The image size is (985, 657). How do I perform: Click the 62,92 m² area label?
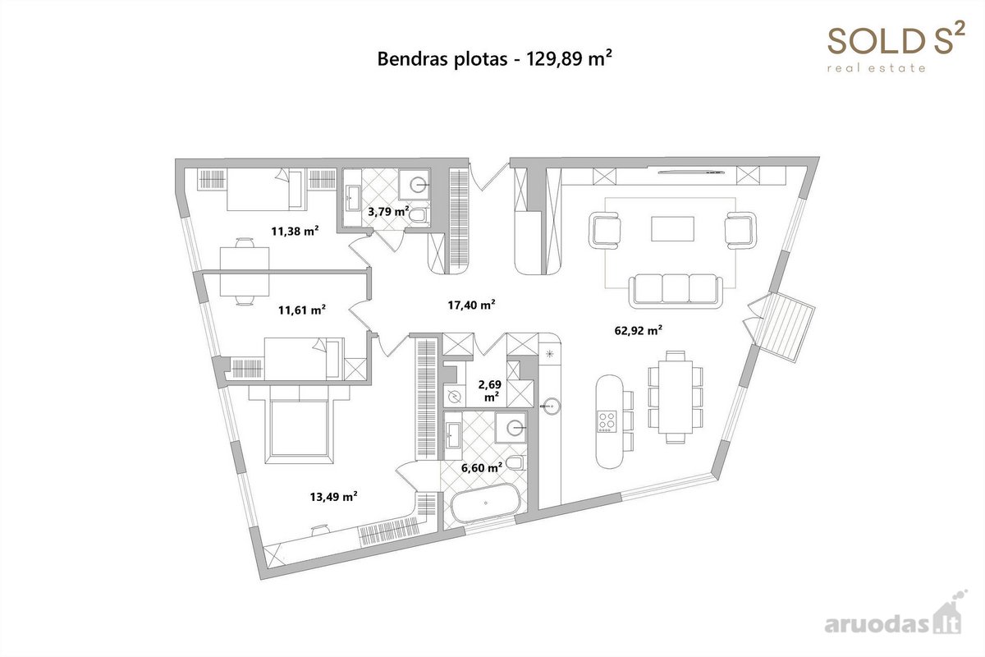638,330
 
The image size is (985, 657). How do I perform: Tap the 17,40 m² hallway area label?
471,305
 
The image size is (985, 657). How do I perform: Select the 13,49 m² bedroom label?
333,496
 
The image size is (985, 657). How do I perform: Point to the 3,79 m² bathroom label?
388,211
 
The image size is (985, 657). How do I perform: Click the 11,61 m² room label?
302,310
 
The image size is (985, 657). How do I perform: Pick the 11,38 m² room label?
295,231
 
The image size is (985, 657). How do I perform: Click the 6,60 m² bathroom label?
482,467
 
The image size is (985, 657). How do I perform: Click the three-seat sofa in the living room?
676,290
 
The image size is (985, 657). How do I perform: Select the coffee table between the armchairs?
673,228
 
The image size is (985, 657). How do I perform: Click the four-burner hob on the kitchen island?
607,421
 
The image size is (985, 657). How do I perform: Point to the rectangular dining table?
676,397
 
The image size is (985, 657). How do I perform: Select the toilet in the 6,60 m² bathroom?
515,462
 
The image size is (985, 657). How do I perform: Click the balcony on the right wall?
784,328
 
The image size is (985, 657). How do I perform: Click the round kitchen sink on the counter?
551,406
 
